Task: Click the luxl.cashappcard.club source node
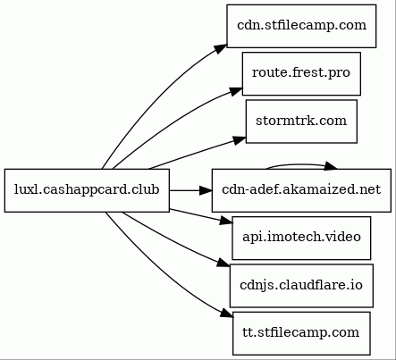point(87,190)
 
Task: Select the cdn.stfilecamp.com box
point(301,26)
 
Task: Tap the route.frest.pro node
point(301,74)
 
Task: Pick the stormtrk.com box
point(301,121)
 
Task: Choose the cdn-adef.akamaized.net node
point(301,190)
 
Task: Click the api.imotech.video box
point(301,238)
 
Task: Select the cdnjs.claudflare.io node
point(301,286)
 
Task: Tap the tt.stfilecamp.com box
point(301,333)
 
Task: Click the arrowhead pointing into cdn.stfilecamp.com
point(221,49)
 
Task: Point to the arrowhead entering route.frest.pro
point(236,91)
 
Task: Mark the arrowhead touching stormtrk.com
point(240,140)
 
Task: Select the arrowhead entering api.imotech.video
point(226,221)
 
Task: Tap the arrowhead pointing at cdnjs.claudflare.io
point(223,263)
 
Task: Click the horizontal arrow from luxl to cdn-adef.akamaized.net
point(190,190)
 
